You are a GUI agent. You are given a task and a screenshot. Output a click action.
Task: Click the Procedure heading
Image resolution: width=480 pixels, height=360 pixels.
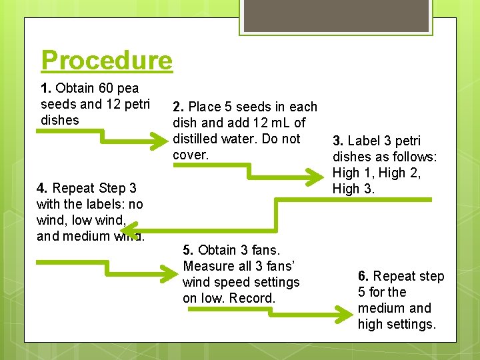click(107, 61)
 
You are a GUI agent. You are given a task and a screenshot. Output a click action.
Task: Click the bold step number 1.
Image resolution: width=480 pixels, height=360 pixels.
click(45, 88)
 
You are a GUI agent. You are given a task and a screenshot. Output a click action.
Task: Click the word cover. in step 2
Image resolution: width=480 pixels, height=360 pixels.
click(191, 155)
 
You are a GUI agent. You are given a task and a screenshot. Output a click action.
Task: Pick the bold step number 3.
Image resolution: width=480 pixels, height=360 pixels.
click(338, 141)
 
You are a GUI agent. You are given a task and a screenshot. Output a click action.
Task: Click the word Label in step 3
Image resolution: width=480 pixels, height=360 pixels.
click(364, 141)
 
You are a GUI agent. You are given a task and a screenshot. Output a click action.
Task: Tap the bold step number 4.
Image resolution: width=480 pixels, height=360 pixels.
click(42, 188)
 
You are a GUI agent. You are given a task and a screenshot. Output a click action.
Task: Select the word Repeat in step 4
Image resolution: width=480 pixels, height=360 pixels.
click(74, 188)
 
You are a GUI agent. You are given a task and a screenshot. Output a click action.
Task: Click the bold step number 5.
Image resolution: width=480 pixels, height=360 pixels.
click(188, 250)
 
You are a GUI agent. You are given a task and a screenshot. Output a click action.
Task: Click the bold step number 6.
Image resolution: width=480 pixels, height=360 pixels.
click(363, 276)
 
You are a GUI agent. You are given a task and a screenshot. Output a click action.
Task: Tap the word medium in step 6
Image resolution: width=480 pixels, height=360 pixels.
click(384, 308)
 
